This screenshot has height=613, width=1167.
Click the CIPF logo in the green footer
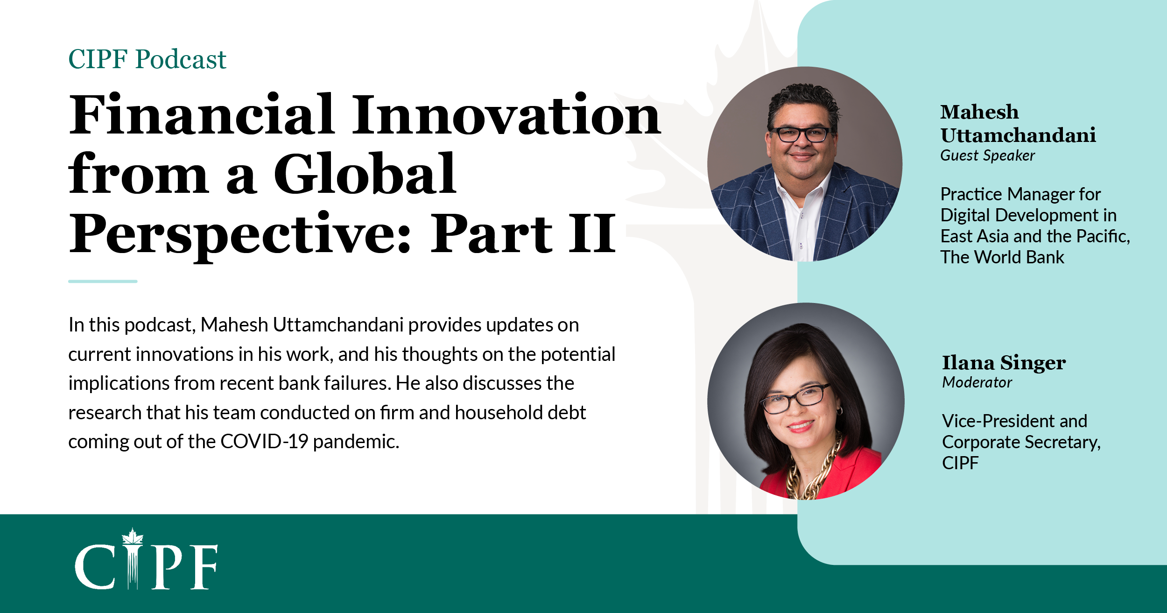point(146,559)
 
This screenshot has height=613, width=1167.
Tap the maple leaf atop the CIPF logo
point(133,536)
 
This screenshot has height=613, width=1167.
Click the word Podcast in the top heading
point(181,60)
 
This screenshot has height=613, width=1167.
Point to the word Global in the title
point(365,173)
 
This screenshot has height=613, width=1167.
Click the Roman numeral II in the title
point(592,233)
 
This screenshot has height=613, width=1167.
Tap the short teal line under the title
point(103,282)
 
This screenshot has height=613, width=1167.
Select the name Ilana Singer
point(1004,363)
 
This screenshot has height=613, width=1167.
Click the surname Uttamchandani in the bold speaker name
point(1018,135)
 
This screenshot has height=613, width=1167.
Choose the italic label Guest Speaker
point(987,155)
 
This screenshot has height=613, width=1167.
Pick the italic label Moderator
point(977,382)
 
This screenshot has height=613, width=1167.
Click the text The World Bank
point(1002,257)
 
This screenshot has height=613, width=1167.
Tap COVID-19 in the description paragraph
point(264,442)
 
